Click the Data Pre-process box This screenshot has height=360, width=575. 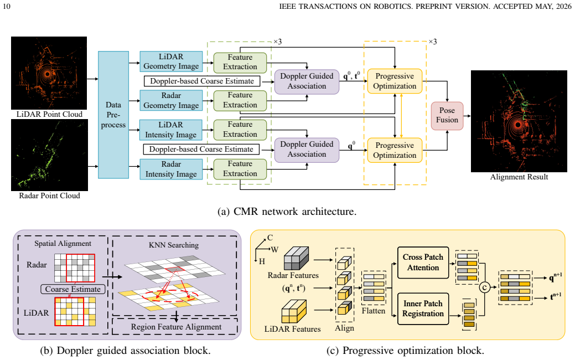click(113, 115)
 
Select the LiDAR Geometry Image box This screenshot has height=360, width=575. click(171, 61)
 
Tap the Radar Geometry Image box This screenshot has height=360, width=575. click(171, 101)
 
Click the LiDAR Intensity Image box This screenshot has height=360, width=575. click(171, 130)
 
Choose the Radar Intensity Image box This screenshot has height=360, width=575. click(171, 169)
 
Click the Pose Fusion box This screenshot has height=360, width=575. click(447, 115)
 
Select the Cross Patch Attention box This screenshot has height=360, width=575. click(423, 263)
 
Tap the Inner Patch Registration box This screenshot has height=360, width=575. click(423, 308)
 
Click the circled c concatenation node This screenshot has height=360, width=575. click(485, 287)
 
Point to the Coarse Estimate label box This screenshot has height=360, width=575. click(72, 289)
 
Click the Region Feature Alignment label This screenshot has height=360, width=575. click(177, 327)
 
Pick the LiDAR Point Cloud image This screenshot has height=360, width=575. click(49, 73)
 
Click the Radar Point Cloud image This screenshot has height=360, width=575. click(49, 155)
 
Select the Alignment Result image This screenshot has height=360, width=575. click(519, 121)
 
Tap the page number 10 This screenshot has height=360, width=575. click(7, 6)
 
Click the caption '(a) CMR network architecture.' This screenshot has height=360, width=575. click(287, 212)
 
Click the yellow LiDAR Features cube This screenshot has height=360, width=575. click(294, 312)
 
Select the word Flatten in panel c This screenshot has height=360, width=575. click(374, 311)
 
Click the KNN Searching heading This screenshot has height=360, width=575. click(174, 245)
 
